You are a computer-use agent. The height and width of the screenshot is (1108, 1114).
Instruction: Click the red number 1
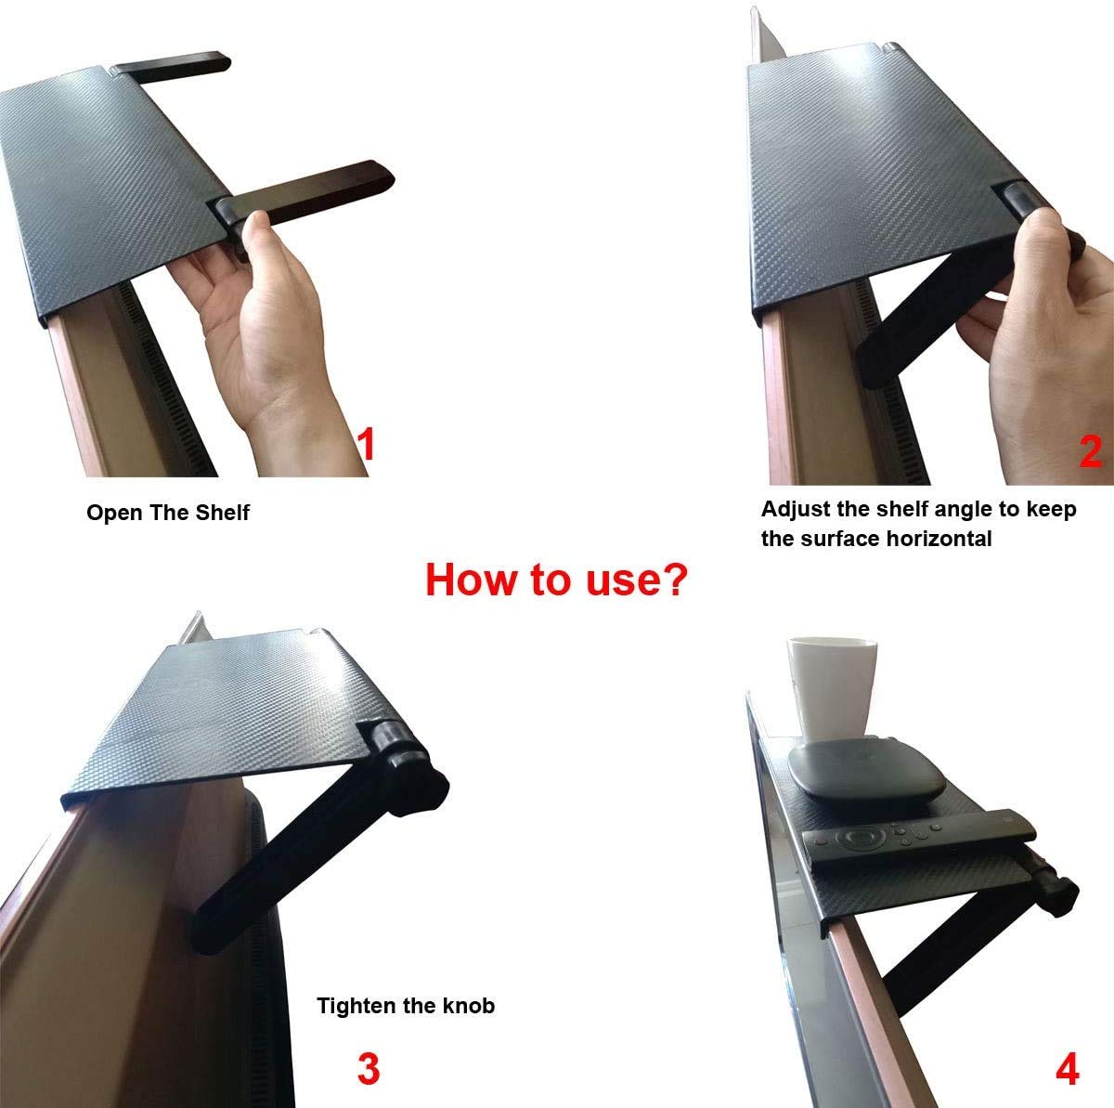367,444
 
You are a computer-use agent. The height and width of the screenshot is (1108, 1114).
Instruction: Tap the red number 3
369,1069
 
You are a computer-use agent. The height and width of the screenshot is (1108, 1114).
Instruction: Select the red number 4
1067,1069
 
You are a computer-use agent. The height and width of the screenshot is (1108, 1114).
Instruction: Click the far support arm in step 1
172,66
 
